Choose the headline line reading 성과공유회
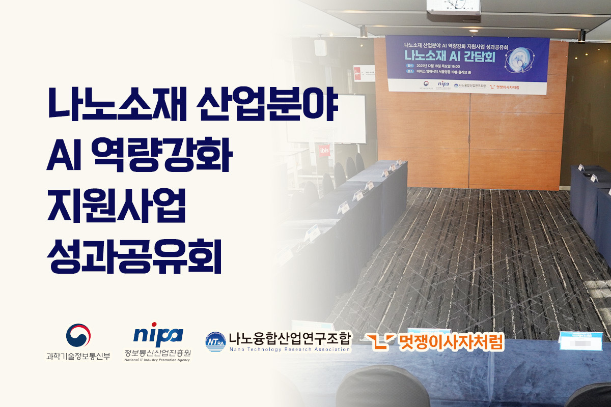click(x=133, y=256)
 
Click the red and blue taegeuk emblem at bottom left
click(x=78, y=335)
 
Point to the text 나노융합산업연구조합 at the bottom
click(x=289, y=338)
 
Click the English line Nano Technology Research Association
click(x=289, y=350)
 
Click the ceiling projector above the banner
click(x=453, y=7)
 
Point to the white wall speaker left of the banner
click(x=320, y=47)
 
